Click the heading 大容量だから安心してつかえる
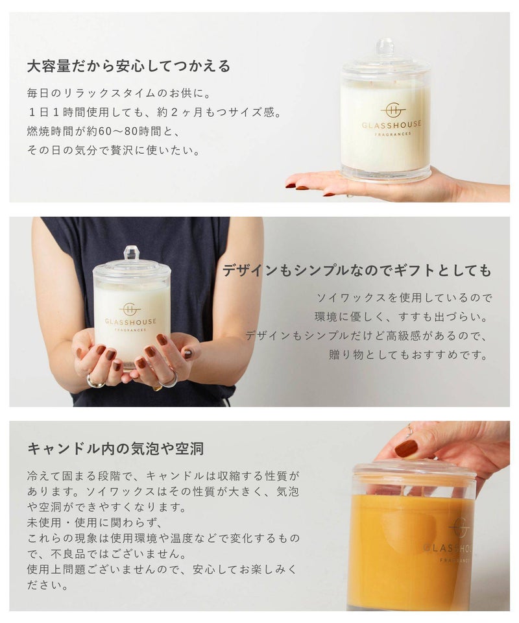[x=128, y=66]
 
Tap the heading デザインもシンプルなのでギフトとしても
[x=357, y=271]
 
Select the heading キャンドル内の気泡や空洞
[x=115, y=448]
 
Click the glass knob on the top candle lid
[x=385, y=47]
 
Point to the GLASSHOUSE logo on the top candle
[x=392, y=125]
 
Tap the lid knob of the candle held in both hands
[x=132, y=254]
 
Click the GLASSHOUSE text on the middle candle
[x=130, y=321]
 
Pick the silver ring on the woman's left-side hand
[x=96, y=382]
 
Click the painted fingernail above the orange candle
[x=406, y=448]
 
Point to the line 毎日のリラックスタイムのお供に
[x=119, y=93]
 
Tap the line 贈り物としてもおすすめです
[x=408, y=354]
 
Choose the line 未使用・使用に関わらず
[x=95, y=522]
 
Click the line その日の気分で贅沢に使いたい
[x=114, y=150]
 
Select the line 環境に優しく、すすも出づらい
[x=401, y=317]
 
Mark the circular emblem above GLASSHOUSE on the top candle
[x=392, y=110]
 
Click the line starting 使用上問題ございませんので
[x=162, y=569]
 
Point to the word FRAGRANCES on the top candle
[x=392, y=134]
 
